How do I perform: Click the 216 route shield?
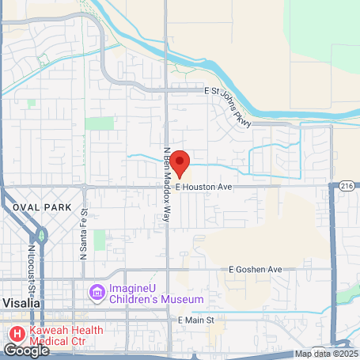click(x=348, y=184)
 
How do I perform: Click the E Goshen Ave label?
click(x=255, y=270)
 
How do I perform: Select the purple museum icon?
click(x=97, y=294)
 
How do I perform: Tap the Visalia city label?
click(x=21, y=303)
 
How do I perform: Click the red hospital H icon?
click(x=14, y=332)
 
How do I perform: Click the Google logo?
click(x=26, y=350)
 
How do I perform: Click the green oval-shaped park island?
click(x=41, y=235)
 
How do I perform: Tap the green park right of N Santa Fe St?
click(x=99, y=240)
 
